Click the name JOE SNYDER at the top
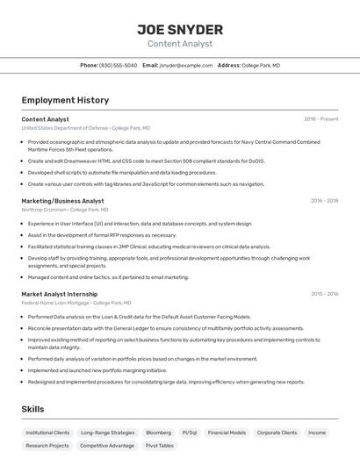[180, 30]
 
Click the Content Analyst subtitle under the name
[180, 44]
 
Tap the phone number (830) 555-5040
[118, 65]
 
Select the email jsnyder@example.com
[184, 65]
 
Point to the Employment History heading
[65, 100]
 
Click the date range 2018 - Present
[320, 118]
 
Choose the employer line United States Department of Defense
[85, 128]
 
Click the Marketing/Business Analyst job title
[62, 201]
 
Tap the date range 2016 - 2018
[324, 201]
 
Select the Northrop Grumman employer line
[65, 210]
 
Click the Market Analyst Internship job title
[59, 294]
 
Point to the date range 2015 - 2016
[324, 294]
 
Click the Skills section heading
[32, 409]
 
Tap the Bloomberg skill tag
[158, 433]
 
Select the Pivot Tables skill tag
[159, 446]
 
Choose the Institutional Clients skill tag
[47, 433]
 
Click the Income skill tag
[317, 433]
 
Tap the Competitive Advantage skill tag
[107, 446]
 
